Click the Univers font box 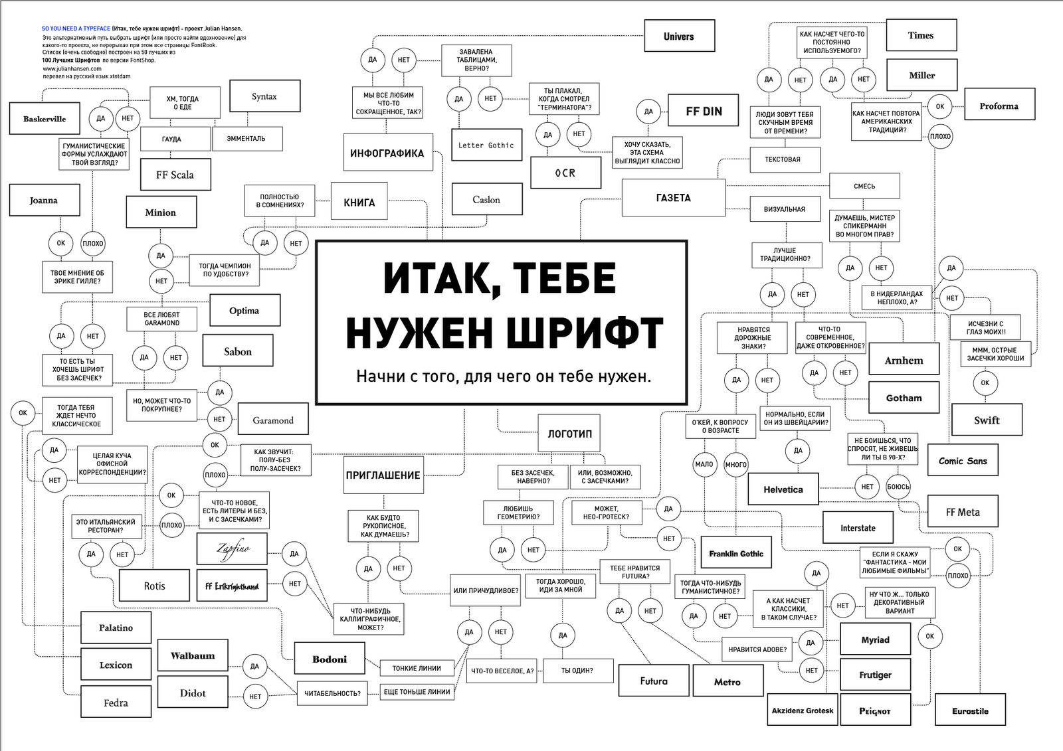coord(679,37)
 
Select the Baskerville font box coord(45,119)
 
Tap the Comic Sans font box coord(963,461)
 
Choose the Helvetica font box coord(783,489)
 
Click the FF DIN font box coord(704,111)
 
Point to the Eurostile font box coord(970,710)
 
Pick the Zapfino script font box coord(233,549)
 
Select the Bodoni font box coord(330,659)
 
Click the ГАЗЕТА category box coord(673,198)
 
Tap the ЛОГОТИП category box coord(569,434)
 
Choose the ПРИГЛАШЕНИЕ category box coord(383,475)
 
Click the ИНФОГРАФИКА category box coord(387,153)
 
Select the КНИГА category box coord(359,203)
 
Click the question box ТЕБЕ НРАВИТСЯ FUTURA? coord(634,572)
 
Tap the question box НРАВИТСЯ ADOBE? coord(757,649)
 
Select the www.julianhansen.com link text coord(72,68)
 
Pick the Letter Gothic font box coord(486,145)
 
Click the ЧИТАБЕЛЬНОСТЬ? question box coord(332,693)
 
